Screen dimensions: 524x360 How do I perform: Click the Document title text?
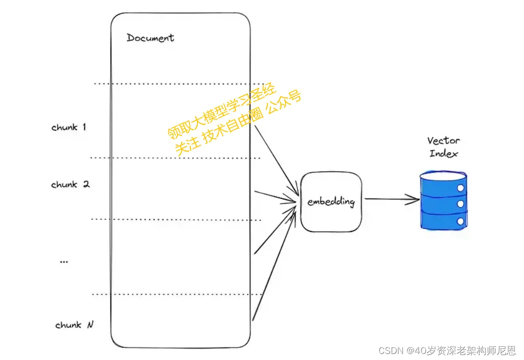(150, 38)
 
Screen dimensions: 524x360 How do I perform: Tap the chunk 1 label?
(69, 127)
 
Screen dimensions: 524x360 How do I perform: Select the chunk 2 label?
(70, 184)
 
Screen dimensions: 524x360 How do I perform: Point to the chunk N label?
(74, 325)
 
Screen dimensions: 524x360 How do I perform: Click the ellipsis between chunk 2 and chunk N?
(64, 261)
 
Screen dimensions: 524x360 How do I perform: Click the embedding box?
(331, 201)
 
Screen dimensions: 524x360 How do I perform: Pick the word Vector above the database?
(443, 140)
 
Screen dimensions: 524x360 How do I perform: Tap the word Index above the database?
(443, 153)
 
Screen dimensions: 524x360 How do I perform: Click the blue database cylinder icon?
(443, 200)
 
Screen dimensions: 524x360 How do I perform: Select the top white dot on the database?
(460, 188)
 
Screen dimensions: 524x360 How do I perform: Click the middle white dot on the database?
(460, 204)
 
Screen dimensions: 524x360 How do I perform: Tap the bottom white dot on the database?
(460, 221)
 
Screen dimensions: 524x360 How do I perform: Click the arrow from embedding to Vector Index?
(392, 199)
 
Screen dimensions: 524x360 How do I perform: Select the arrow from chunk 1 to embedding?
(276, 160)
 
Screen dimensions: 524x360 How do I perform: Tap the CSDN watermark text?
(447, 350)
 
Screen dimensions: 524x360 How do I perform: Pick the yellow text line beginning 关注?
(238, 123)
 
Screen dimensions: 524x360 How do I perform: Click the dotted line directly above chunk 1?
(179, 83)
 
